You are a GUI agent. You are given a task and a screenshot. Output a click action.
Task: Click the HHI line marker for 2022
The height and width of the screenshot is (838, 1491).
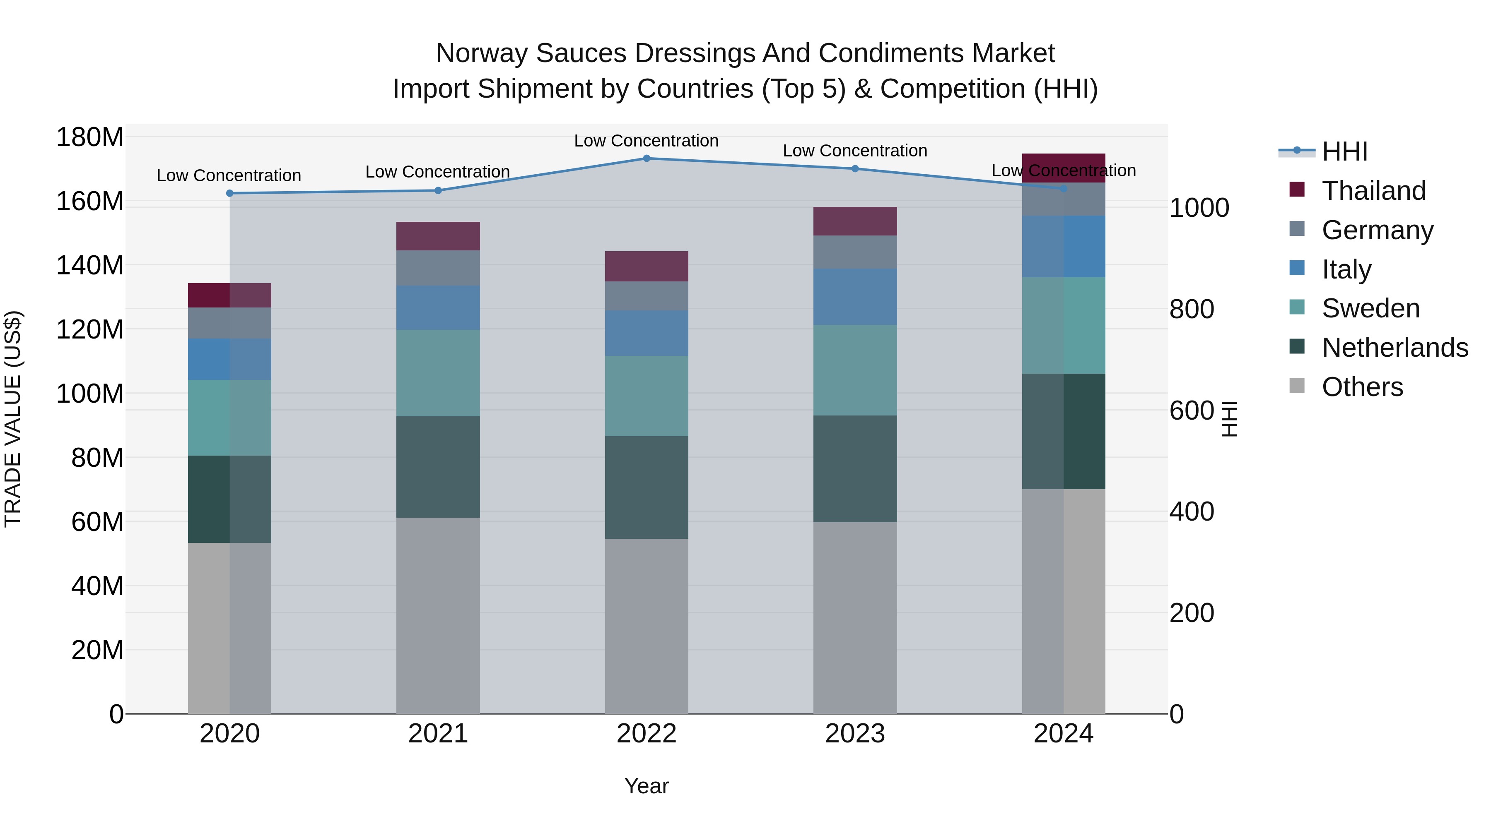point(647,158)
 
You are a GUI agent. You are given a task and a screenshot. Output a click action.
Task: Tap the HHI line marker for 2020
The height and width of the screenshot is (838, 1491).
point(230,193)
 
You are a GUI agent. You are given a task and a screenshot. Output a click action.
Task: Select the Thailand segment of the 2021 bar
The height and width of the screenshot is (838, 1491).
point(438,236)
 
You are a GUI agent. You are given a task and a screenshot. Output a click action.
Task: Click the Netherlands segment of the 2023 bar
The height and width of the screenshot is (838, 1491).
point(855,468)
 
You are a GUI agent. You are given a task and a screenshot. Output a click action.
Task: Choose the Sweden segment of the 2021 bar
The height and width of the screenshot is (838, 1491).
point(438,373)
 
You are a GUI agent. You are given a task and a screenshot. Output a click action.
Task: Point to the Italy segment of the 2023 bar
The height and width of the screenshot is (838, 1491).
point(855,296)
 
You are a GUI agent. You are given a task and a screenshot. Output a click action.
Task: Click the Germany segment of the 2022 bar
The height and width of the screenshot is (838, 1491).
point(647,296)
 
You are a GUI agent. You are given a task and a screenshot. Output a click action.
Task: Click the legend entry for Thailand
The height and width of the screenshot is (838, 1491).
point(1373,190)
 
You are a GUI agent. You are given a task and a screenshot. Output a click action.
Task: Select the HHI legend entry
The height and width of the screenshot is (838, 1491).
point(1344,151)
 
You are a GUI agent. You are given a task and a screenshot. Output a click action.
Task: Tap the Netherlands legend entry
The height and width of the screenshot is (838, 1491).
point(1394,348)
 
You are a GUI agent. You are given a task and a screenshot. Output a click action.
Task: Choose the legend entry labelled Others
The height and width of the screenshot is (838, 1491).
point(1362,387)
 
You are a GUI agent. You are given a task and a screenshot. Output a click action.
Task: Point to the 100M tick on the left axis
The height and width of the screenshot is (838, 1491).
point(90,394)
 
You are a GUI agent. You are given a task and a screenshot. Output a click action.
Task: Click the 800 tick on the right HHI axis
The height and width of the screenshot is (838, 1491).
point(1191,310)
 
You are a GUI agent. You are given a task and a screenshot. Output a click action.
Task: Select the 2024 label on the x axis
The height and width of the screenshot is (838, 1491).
point(1063,734)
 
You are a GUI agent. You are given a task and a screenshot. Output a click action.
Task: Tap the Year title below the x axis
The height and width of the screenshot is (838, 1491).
point(647,786)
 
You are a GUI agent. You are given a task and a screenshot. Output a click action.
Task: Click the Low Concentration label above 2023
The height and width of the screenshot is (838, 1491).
point(855,151)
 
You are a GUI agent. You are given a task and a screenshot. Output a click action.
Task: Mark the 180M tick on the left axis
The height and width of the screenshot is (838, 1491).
point(90,138)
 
